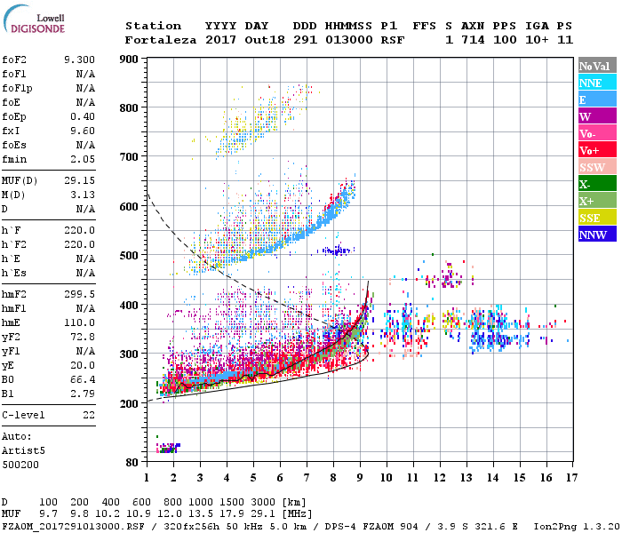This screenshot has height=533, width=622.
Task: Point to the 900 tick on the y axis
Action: [x=131, y=60]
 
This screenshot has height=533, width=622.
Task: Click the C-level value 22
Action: [x=89, y=415]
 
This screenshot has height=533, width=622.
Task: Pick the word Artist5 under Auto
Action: [x=24, y=450]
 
